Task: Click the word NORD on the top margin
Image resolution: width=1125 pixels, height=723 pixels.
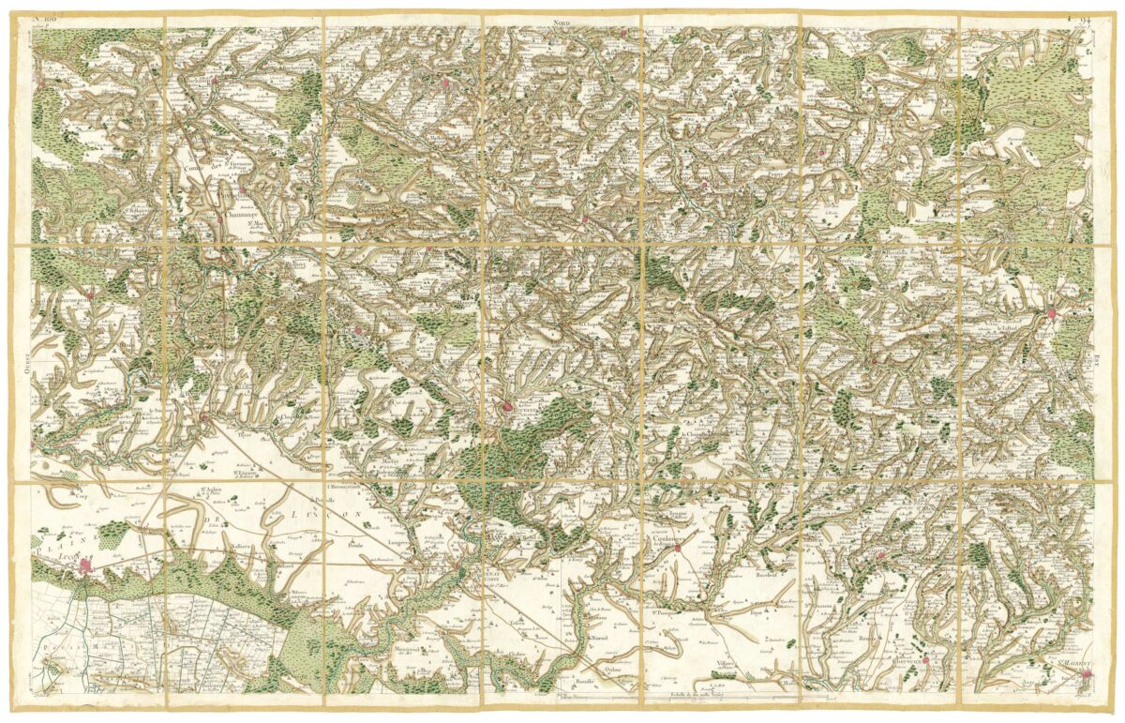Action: pyautogui.click(x=562, y=20)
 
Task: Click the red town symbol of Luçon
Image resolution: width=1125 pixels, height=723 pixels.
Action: pyautogui.click(x=88, y=565)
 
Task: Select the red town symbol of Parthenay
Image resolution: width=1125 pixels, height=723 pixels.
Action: pyautogui.click(x=1052, y=313)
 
